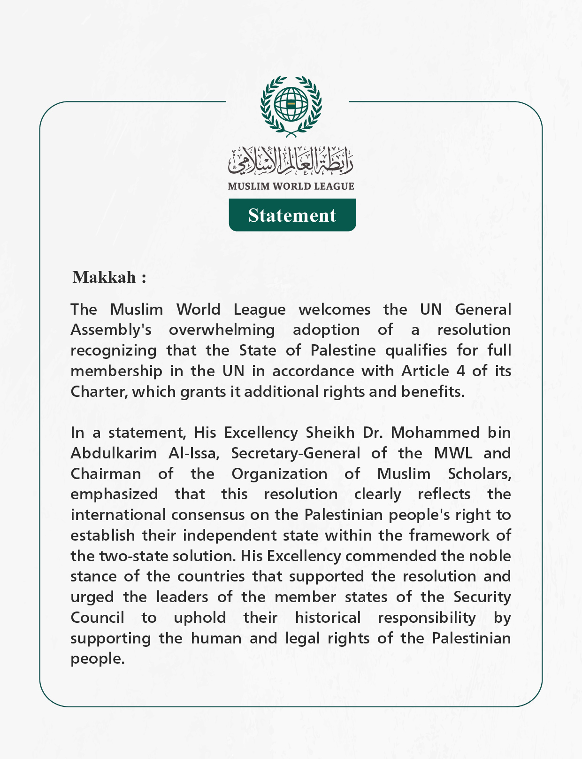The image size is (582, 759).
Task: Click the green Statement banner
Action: click(292, 215)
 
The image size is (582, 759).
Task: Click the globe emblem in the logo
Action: click(291, 103)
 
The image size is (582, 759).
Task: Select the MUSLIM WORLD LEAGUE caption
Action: click(291, 186)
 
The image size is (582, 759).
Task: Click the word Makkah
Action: click(104, 277)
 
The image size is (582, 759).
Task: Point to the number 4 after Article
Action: click(460, 371)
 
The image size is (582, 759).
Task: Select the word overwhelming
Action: click(222, 330)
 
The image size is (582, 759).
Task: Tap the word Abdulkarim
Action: click(114, 453)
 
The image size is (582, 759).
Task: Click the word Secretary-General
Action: click(295, 453)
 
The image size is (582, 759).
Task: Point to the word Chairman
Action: click(106, 474)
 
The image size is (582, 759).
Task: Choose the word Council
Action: click(97, 618)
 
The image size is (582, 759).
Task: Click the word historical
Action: click(328, 618)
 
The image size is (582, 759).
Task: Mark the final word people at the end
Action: click(97, 659)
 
